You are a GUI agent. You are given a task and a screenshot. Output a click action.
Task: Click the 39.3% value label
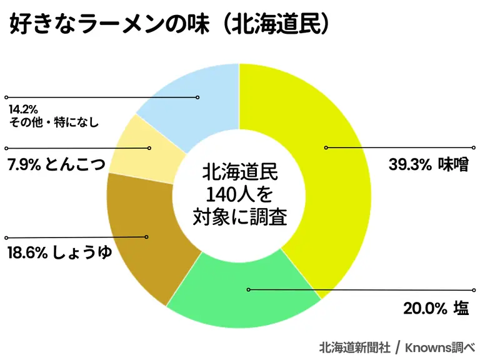tap(409, 165)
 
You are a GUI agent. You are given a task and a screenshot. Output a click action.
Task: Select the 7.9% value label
tap(24, 166)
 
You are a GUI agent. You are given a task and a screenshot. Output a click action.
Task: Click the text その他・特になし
tap(54, 122)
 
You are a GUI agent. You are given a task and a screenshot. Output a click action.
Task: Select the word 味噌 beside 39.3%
tap(452, 165)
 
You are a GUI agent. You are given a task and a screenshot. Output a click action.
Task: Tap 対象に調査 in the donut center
tap(238, 217)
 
